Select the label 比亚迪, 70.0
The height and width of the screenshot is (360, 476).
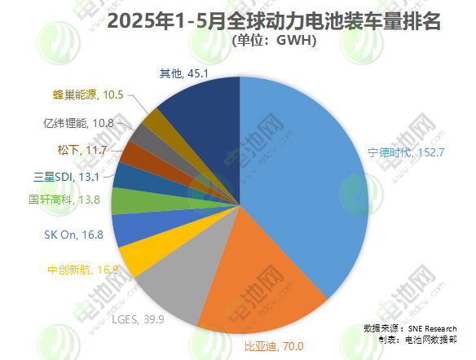(274, 346)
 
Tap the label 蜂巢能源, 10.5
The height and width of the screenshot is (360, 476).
(88, 94)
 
